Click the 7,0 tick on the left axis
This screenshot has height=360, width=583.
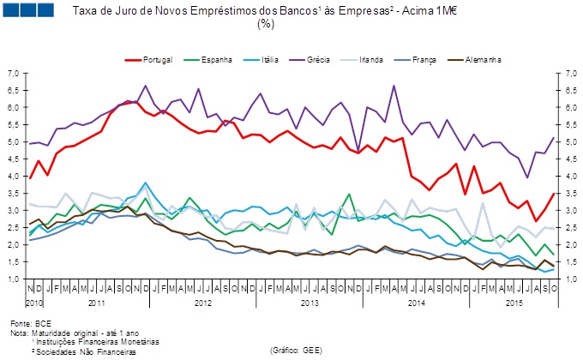tap(13, 74)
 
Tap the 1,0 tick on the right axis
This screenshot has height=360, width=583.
tap(568, 279)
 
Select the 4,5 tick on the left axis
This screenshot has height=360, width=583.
tap(13, 159)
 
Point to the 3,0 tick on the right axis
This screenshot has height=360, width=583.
tap(568, 211)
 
